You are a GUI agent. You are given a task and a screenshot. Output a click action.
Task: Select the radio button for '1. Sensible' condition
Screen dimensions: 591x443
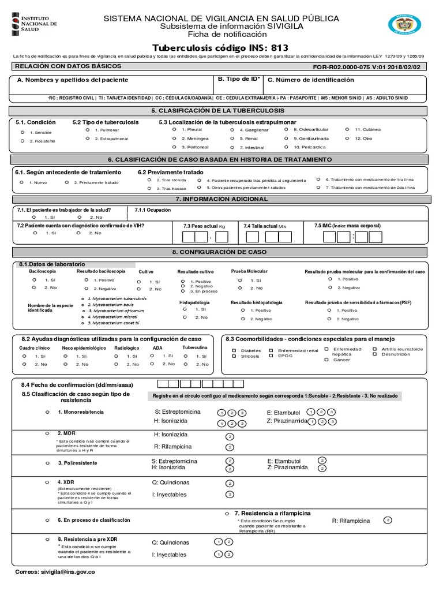coord(22,132)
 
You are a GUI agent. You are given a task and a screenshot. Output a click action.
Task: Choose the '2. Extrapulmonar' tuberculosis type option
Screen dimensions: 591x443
coord(88,139)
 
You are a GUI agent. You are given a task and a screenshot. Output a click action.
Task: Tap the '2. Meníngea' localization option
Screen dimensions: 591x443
coord(174,139)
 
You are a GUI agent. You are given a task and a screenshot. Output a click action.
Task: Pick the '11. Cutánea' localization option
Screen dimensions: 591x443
coord(347,129)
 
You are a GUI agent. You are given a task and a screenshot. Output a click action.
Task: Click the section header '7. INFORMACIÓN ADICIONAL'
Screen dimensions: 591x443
coord(221,199)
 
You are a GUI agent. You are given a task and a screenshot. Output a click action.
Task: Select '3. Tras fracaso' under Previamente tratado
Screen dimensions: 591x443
coord(149,188)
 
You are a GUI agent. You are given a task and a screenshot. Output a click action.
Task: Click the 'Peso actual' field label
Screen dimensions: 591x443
coord(204,226)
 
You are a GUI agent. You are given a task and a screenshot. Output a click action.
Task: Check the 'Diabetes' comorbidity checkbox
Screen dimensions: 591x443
coord(234,350)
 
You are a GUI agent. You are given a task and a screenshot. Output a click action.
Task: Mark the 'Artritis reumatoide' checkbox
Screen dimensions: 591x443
coord(375,349)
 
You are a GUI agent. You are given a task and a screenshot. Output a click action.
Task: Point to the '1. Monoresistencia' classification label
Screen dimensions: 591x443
coord(81,412)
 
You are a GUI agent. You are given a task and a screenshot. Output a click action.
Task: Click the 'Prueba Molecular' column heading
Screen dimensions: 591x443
coord(249,271)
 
